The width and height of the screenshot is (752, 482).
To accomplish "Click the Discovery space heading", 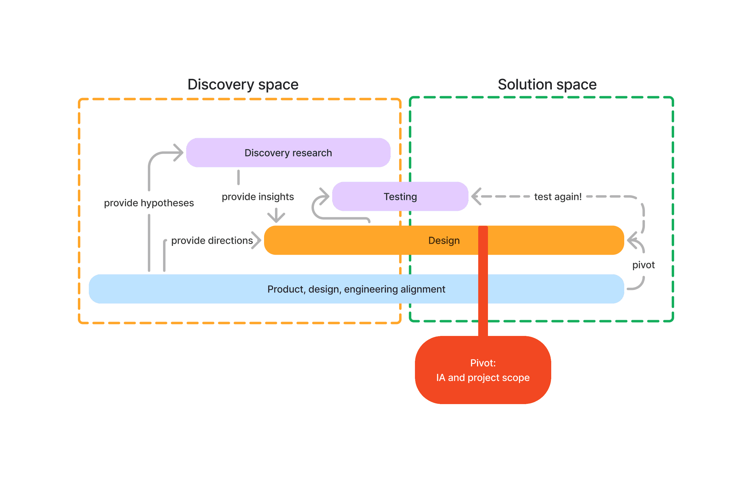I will (243, 85).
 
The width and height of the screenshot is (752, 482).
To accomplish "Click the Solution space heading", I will (547, 85).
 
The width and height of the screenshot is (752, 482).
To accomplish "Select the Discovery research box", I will (288, 153).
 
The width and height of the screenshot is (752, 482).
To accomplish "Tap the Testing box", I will (400, 197).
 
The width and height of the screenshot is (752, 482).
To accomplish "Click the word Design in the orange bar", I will (444, 240).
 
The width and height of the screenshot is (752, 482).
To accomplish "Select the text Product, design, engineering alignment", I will (356, 289).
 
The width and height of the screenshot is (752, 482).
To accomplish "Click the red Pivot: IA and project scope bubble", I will (483, 370).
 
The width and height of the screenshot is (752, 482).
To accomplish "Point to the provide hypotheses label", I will (149, 203).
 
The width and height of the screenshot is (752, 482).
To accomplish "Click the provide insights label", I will (258, 197).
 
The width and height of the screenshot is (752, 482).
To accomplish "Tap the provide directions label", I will (212, 240).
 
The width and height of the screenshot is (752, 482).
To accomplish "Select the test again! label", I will (558, 197).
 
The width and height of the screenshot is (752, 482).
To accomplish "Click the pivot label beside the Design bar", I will (643, 265).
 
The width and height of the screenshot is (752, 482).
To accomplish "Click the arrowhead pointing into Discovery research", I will (179, 153).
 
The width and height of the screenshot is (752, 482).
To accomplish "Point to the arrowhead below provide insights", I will (276, 217).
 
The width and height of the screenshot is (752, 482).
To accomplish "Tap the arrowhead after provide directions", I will (256, 240).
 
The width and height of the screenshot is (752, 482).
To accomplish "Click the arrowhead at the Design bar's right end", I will (632, 240).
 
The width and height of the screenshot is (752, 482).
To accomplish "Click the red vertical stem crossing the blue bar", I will (483, 289).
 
